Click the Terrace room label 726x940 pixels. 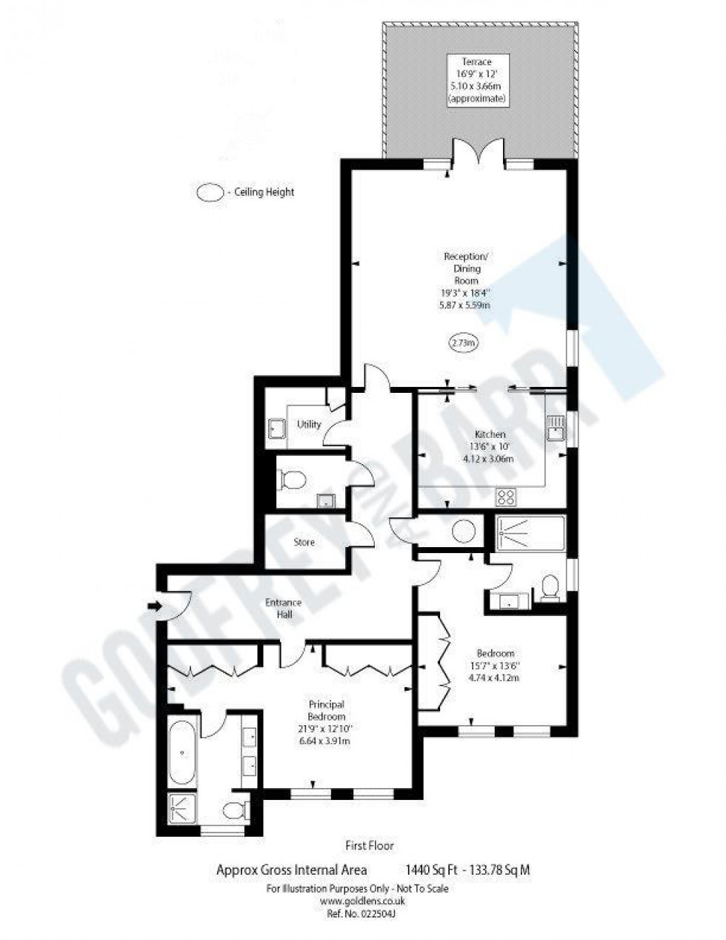pyautogui.click(x=476, y=62)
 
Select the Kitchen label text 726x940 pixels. pyautogui.click(x=490, y=434)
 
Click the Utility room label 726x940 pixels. pyautogui.click(x=309, y=424)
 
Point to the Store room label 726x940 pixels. pyautogui.click(x=304, y=542)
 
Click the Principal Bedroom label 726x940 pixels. pyautogui.click(x=327, y=710)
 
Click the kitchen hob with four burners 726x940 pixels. pyautogui.click(x=507, y=496)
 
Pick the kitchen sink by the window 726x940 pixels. pyautogui.click(x=555, y=426)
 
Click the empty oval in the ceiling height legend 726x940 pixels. pyautogui.click(x=210, y=192)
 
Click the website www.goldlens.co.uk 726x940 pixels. pyautogui.click(x=362, y=901)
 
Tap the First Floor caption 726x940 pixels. pyautogui.click(x=370, y=845)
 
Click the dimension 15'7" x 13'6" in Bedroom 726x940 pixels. pyautogui.click(x=496, y=665)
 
